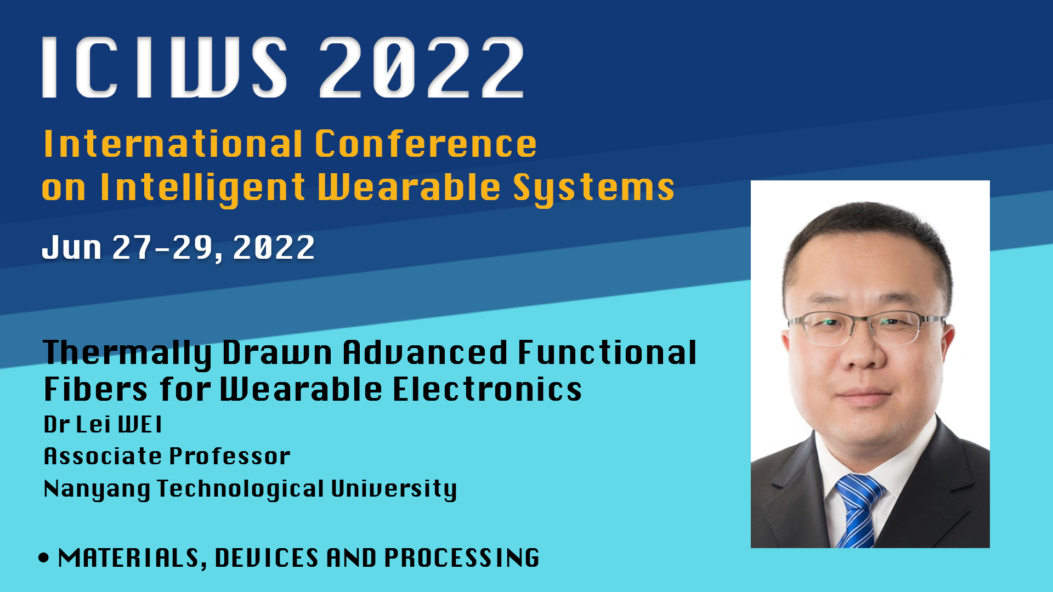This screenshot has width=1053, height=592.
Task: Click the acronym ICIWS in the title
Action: [x=165, y=67]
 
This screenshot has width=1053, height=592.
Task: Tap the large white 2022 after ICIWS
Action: [x=421, y=67]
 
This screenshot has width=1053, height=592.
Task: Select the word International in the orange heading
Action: [x=173, y=144]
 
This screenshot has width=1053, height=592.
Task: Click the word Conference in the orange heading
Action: [x=426, y=144]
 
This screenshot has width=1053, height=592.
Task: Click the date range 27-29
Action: [x=163, y=247]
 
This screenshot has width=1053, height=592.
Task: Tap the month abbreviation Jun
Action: [x=72, y=247]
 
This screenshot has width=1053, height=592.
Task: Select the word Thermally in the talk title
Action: [x=127, y=353]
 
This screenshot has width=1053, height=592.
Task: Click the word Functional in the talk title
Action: [x=607, y=352]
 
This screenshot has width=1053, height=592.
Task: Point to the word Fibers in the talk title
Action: [x=95, y=389]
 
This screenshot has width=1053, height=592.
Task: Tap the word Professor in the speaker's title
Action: [x=229, y=456]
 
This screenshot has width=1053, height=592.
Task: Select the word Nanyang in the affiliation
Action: [x=97, y=489]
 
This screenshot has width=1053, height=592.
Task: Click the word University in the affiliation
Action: [x=394, y=489]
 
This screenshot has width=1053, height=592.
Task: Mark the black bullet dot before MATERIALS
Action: [x=44, y=558]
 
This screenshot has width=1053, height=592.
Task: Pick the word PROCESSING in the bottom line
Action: [x=462, y=558]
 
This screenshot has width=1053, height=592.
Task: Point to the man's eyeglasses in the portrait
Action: [x=867, y=327]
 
